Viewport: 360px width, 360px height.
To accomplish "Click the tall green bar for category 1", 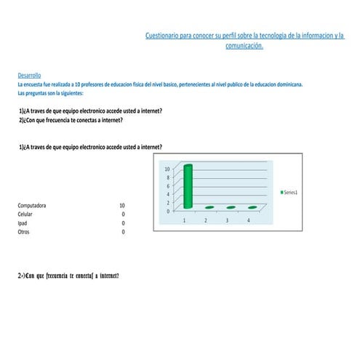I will click(x=188, y=186).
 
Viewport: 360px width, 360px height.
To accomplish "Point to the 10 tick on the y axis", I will click(x=167, y=169).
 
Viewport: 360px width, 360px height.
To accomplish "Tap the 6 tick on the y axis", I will click(x=167, y=186).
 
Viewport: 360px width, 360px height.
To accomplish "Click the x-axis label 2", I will click(x=206, y=220).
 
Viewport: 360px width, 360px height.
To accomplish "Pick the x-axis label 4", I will click(x=249, y=220).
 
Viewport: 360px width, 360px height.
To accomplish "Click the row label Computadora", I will click(x=32, y=206).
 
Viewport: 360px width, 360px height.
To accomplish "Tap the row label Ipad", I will click(x=23, y=223).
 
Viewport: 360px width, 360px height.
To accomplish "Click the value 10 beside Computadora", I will click(x=121, y=206).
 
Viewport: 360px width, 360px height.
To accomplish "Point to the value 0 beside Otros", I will click(x=123, y=232).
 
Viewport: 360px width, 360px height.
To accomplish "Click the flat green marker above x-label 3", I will click(x=231, y=207).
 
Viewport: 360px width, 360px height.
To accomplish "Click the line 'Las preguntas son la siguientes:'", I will click(x=50, y=93).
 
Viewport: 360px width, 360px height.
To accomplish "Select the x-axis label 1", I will click(x=185, y=220).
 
